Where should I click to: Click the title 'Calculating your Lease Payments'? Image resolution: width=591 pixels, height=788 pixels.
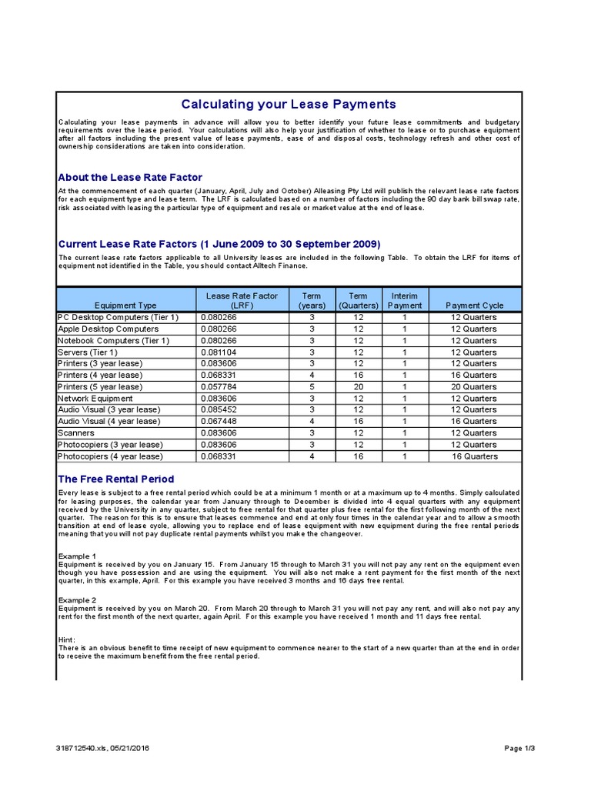[288, 104]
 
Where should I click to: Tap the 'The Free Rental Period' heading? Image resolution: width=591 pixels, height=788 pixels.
[116, 479]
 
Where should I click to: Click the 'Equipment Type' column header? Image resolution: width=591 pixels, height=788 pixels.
[125, 306]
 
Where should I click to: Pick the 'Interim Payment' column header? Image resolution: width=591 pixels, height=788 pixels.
[405, 300]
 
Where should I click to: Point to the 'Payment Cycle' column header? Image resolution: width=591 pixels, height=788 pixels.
[474, 306]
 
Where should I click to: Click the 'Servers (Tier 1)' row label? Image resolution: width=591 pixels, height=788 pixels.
[88, 352]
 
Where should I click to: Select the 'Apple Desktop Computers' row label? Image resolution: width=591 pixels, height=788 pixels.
[109, 329]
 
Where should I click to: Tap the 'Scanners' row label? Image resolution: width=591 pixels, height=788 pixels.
[76, 433]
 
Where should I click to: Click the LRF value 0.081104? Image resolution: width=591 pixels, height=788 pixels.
[219, 352]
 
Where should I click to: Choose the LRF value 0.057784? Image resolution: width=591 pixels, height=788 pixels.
[219, 386]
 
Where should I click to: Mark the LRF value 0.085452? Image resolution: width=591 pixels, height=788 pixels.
[219, 409]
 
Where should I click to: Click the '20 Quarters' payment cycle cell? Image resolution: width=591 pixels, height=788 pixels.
[474, 386]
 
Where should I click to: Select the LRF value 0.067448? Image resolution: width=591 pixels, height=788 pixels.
[219, 421]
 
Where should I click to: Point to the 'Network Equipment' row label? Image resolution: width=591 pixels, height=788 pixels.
[95, 399]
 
